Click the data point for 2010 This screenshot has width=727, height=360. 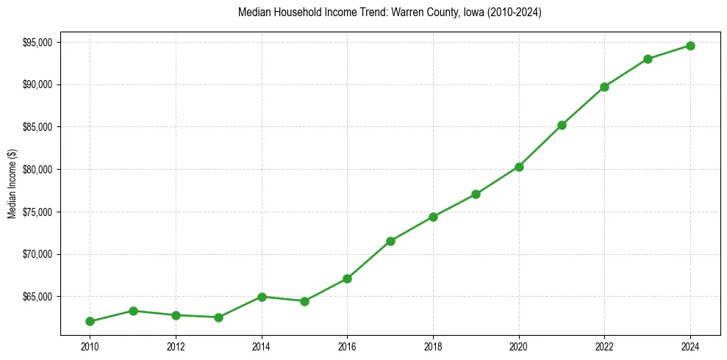coord(90,321)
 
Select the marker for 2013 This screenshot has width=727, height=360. coord(218,317)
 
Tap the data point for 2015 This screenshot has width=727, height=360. coord(304,301)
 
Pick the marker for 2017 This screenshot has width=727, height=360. coord(390,241)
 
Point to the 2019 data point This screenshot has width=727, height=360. coord(476,194)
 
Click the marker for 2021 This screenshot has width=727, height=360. coord(562,125)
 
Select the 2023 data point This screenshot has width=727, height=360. coord(648,59)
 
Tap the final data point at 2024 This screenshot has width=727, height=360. coord(690,46)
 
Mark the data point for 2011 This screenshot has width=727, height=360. coord(133,311)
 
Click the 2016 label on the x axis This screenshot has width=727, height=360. coord(347,346)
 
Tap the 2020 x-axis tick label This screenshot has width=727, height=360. coord(519,346)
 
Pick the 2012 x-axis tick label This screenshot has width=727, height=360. coord(176,346)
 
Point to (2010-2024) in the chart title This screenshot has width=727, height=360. coord(515,12)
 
